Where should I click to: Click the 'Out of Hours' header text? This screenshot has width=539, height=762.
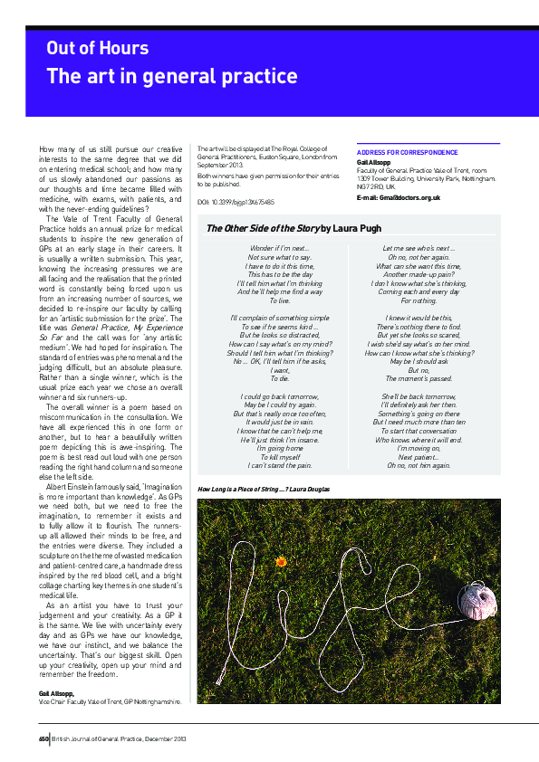98,48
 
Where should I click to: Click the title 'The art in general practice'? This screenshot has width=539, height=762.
171,76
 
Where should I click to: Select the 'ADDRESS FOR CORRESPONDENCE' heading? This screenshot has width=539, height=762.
407,153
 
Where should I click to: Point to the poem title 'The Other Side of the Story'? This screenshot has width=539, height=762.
263,229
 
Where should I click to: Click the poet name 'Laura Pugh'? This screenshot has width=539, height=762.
345,229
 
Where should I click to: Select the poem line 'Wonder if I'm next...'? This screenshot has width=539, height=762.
280,248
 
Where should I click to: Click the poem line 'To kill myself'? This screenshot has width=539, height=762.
280,457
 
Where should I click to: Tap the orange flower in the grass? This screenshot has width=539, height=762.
281,562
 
